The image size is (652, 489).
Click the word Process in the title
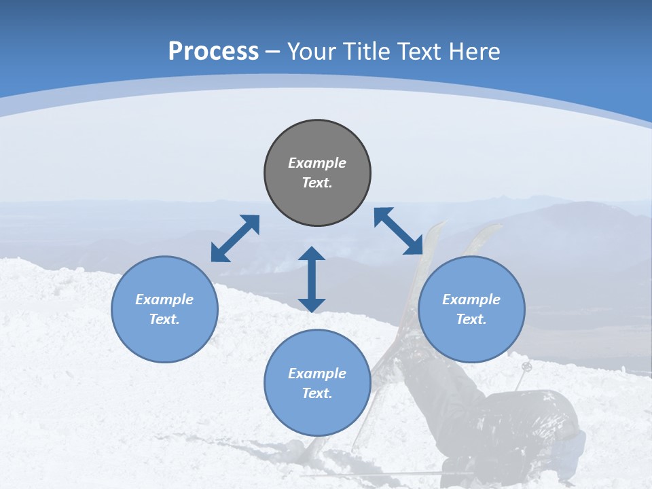coord(213,51)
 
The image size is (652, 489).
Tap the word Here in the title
coord(475,51)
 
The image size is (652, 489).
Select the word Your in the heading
coord(313,51)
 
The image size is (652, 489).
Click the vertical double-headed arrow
coord(312,279)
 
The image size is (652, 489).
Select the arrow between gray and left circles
coord(235,238)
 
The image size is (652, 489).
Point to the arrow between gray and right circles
coord(399,231)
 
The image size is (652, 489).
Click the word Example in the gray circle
coord(317,163)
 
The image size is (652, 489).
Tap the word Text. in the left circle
coord(164,319)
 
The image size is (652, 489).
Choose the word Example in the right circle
coord(471,300)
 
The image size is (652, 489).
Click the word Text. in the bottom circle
coord(317,393)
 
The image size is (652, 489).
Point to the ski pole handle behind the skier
coord(527,367)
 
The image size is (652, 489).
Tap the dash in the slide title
coord(273,51)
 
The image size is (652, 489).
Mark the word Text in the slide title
coord(416,51)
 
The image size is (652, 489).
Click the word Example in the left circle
coord(164,300)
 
